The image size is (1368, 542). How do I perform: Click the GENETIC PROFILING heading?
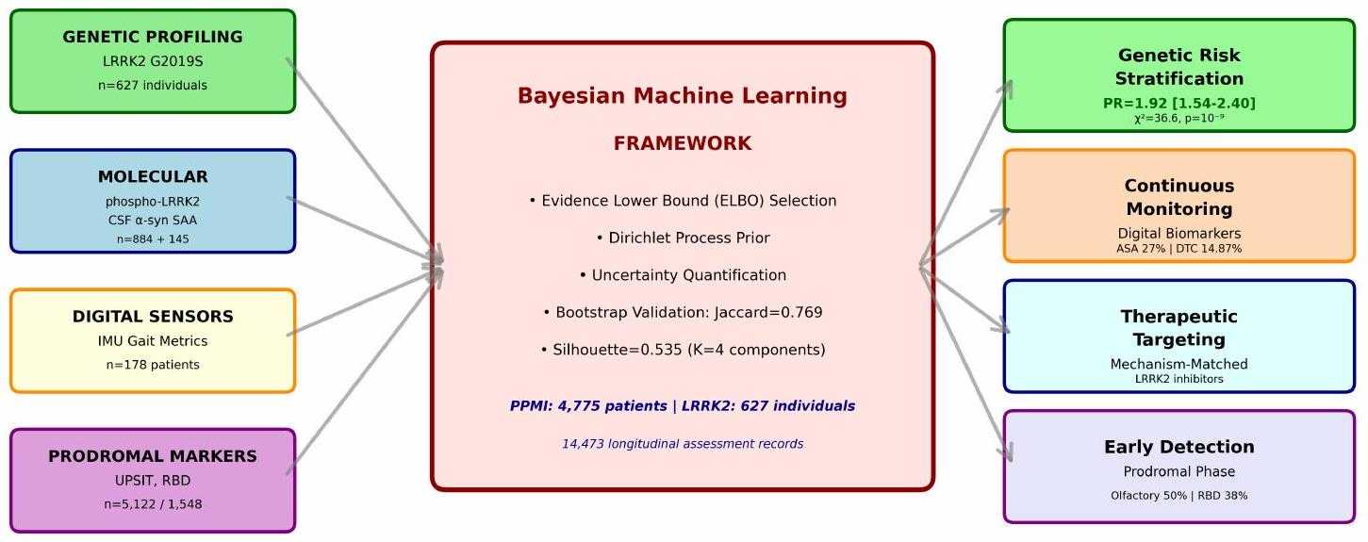(153, 37)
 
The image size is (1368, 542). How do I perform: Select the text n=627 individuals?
(153, 85)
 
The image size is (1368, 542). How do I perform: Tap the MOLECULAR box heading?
(153, 176)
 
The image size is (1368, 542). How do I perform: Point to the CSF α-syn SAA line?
(153, 220)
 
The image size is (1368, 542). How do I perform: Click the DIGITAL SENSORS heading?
(153, 316)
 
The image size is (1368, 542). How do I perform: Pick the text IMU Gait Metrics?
(153, 340)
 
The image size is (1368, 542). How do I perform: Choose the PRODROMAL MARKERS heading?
(153, 456)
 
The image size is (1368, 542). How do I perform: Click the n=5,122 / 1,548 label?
(153, 504)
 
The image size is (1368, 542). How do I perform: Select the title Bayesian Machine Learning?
(683, 96)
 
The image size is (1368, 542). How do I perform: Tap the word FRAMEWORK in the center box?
(683, 143)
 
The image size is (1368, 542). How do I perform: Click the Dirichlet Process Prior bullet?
(683, 238)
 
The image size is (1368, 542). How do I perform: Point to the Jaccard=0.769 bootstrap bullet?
(683, 313)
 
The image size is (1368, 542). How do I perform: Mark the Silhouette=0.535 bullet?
(683, 350)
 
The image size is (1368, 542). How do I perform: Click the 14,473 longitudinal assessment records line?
(683, 444)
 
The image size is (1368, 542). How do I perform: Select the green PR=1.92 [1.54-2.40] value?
(1178, 103)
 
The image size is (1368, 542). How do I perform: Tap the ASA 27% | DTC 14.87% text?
(1178, 249)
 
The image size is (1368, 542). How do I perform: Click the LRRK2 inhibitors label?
(1178, 379)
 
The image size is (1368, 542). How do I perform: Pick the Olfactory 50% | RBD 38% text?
(1178, 496)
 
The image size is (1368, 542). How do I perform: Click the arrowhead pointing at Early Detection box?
(1007, 452)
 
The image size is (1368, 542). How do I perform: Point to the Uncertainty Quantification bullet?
(683, 275)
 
